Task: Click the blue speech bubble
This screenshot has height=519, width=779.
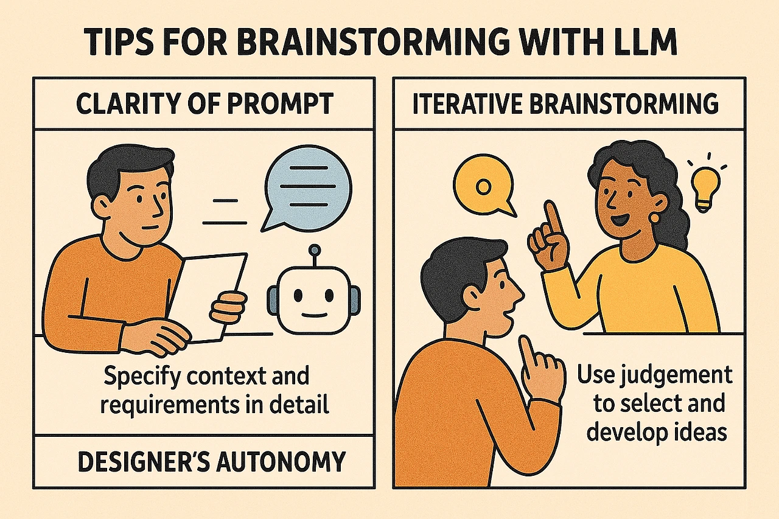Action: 307,189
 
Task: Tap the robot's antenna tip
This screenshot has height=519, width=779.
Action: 315,249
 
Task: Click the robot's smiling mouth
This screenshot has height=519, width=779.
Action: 314,315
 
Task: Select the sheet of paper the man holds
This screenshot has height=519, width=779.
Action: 213,297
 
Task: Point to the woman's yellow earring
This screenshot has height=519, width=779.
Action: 654,218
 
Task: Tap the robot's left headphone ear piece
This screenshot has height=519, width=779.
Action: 273,299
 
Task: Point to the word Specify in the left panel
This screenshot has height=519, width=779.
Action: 143,377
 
